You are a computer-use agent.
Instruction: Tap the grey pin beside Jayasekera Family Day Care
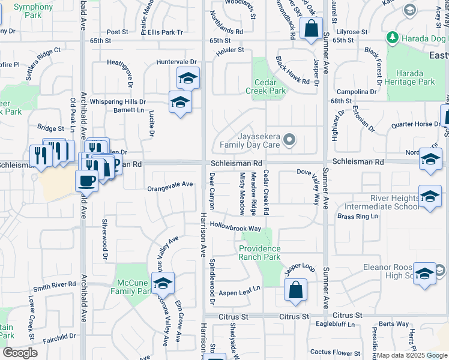point(289,140)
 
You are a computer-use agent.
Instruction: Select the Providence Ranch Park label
point(260,253)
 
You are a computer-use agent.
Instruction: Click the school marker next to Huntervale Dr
point(188,78)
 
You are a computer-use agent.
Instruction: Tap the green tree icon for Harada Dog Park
point(393,38)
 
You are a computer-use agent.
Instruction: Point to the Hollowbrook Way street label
point(236,228)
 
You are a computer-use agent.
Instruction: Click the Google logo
point(20,353)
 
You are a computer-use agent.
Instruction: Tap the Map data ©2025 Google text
point(411,355)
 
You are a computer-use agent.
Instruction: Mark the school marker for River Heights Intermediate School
point(430,197)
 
